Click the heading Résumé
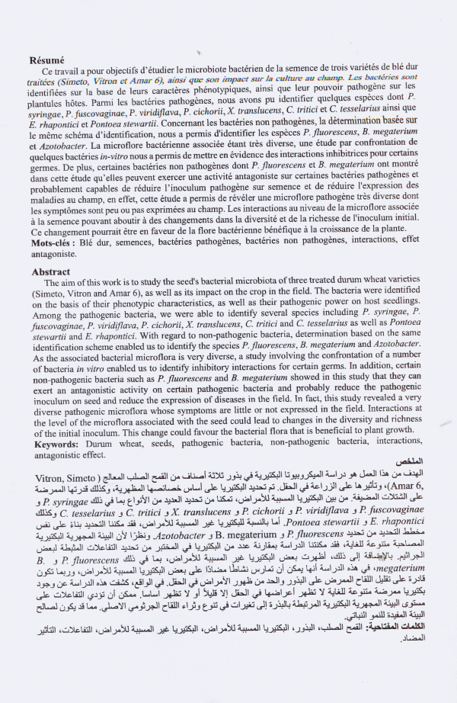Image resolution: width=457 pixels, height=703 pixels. click(47, 59)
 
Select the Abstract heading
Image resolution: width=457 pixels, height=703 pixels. click(51, 272)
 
